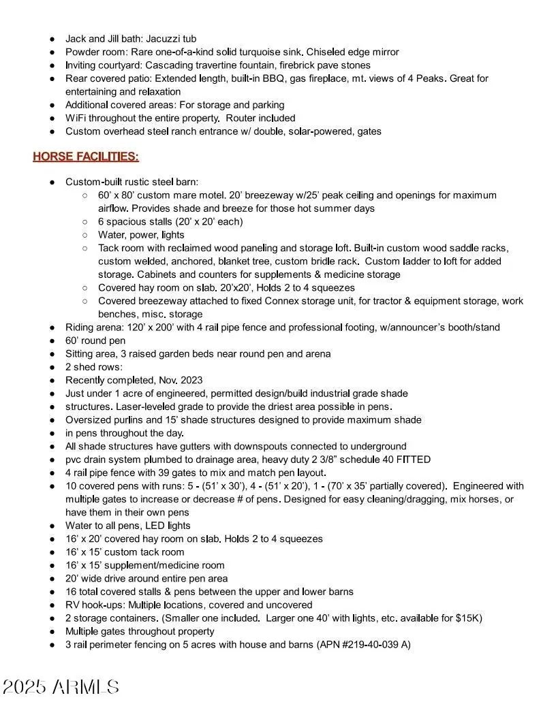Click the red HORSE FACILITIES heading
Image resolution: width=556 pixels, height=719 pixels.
pos(86,157)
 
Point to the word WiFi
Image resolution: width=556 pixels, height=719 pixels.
pos(75,118)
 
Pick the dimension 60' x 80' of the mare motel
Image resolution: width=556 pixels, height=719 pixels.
pos(117,195)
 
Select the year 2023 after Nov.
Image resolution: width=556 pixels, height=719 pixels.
pos(189,381)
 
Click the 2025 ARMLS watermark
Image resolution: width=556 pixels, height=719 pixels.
pos(61,687)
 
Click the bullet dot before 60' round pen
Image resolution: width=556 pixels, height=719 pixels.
pos(52,341)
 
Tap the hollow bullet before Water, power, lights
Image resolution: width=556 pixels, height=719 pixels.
pos(84,235)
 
